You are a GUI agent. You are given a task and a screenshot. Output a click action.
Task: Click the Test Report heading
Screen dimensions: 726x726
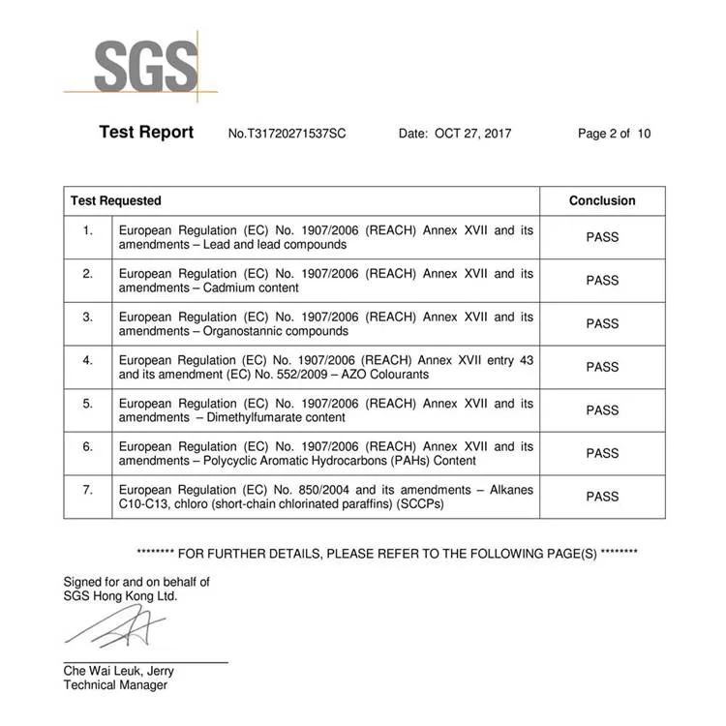146,133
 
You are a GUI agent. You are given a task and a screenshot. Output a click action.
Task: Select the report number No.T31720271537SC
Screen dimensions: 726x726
287,134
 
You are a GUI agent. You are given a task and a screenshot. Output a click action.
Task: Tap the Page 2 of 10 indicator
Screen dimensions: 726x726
614,134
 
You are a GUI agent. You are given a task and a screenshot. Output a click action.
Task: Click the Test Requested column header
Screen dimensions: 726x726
116,200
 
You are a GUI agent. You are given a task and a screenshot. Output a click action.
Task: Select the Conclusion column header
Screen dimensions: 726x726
602,200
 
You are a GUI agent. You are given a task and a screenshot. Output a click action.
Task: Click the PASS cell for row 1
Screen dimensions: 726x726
602,237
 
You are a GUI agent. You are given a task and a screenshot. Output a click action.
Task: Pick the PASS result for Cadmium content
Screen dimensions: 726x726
602,281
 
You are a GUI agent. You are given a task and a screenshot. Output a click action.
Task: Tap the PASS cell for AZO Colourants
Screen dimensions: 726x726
602,367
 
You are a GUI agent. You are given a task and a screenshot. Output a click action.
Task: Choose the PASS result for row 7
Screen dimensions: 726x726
602,497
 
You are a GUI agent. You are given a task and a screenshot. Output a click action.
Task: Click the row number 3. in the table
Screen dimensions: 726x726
88,317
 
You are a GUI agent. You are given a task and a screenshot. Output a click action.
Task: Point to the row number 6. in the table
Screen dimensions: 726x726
88,446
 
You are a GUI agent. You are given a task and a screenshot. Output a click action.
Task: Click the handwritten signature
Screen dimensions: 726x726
116,629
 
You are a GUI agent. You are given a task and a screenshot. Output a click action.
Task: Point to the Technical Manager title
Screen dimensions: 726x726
115,685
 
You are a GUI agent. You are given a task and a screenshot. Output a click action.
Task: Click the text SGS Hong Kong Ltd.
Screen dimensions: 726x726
121,596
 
